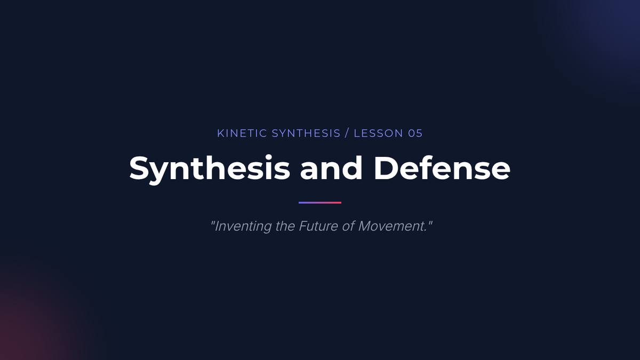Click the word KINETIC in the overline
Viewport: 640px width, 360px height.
(242, 133)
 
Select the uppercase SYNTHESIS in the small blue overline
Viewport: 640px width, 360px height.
(306, 133)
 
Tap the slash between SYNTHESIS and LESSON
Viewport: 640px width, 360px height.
(347, 133)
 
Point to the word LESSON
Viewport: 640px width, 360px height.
(379, 133)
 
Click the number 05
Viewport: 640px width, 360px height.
(415, 133)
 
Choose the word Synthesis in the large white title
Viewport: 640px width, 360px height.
(210, 169)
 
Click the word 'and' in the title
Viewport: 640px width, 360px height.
(331, 168)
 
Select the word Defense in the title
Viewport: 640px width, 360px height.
(442, 168)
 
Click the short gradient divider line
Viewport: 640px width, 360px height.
(320, 203)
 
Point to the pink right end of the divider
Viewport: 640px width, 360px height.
(341, 203)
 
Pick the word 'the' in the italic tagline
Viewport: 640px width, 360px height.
(285, 226)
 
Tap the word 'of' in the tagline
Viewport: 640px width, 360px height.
(348, 226)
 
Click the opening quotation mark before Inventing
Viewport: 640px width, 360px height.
(212, 222)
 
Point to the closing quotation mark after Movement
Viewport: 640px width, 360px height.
(430, 222)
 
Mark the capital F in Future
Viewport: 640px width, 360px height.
(303, 226)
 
